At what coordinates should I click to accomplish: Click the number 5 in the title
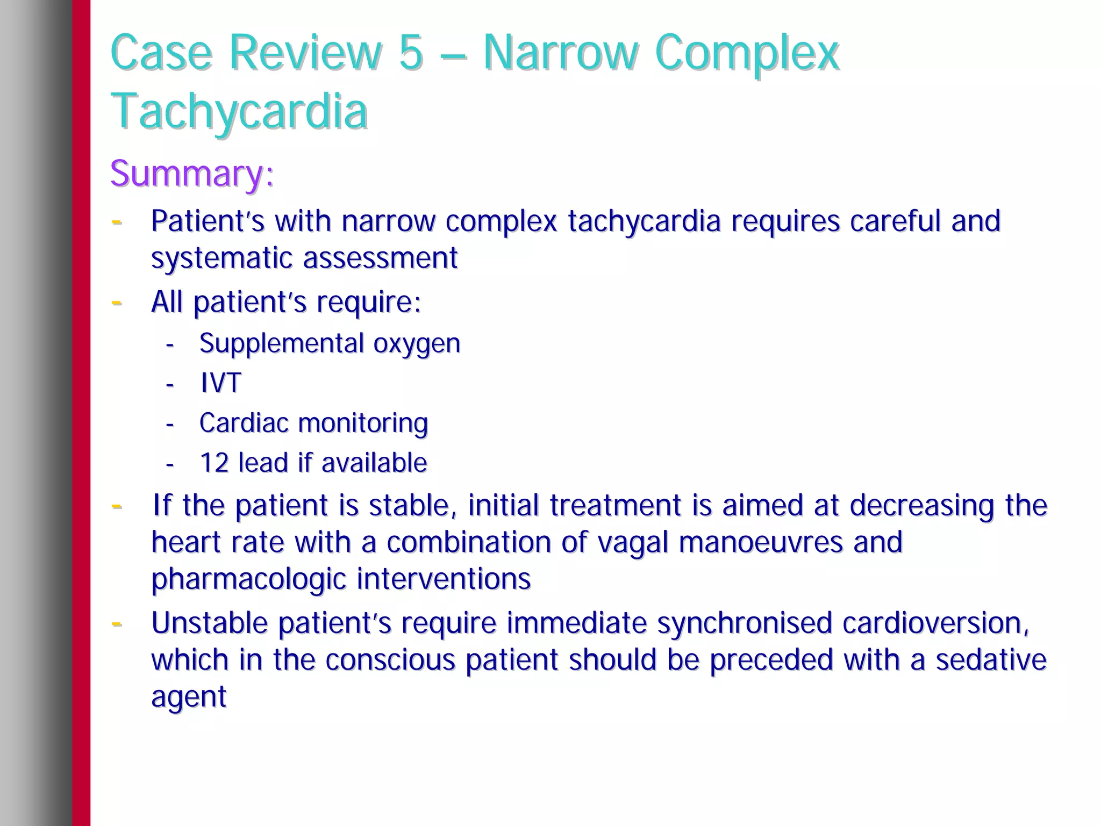click(411, 53)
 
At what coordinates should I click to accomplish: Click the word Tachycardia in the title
click(239, 111)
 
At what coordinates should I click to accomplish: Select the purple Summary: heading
click(192, 174)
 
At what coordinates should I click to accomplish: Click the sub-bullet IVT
click(220, 383)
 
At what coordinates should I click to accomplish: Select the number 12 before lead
click(214, 463)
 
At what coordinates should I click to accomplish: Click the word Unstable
click(209, 623)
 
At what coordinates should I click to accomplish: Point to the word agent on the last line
click(189, 698)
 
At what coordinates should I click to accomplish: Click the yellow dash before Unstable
click(116, 624)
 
